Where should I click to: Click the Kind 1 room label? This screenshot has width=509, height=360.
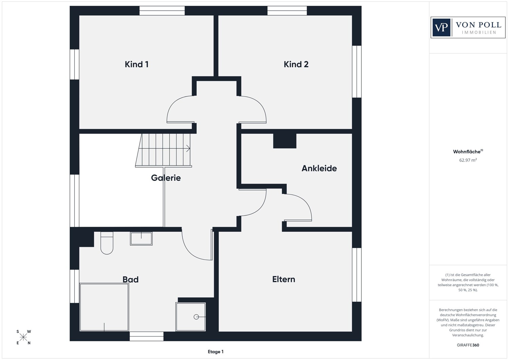click(136, 64)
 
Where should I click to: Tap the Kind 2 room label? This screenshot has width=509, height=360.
click(296, 64)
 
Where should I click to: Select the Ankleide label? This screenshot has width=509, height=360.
click(319, 168)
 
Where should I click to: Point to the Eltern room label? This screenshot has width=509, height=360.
click(284, 279)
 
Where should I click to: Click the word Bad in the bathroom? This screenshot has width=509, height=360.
click(130, 280)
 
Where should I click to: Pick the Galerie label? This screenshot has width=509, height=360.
click(166, 178)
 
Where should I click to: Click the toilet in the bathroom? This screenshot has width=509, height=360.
click(107, 243)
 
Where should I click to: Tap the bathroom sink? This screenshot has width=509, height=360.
click(141, 239)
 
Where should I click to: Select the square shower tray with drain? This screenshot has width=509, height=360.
click(191, 317)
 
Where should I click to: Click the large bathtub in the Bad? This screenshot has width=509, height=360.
click(104, 307)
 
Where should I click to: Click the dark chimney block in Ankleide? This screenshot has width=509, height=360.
click(285, 141)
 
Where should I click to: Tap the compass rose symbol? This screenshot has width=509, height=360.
click(23, 337)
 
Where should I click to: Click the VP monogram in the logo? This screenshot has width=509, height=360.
click(441, 27)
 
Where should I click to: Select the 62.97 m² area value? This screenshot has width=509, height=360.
click(468, 160)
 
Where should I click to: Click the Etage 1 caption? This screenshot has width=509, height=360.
click(215, 352)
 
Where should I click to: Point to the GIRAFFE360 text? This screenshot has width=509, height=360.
click(468, 345)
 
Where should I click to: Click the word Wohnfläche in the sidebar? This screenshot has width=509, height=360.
click(467, 152)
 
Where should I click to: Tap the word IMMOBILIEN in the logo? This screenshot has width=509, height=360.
click(479, 33)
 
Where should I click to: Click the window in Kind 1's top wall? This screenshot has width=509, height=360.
click(162, 11)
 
